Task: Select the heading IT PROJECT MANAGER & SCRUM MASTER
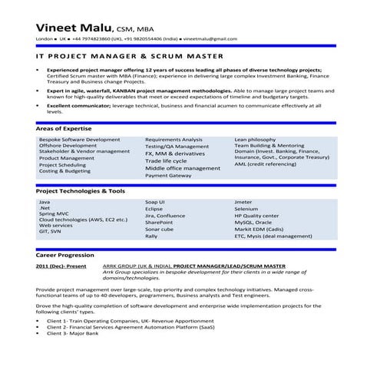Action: pyautogui.click(x=130, y=56)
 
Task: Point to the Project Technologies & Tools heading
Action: pyautogui.click(x=81, y=190)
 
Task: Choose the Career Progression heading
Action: pyautogui.click(x=67, y=253)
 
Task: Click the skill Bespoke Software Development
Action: pyautogui.click(x=79, y=140)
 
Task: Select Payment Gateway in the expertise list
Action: pyautogui.click(x=168, y=175)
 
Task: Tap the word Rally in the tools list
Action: pyautogui.click(x=152, y=236)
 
